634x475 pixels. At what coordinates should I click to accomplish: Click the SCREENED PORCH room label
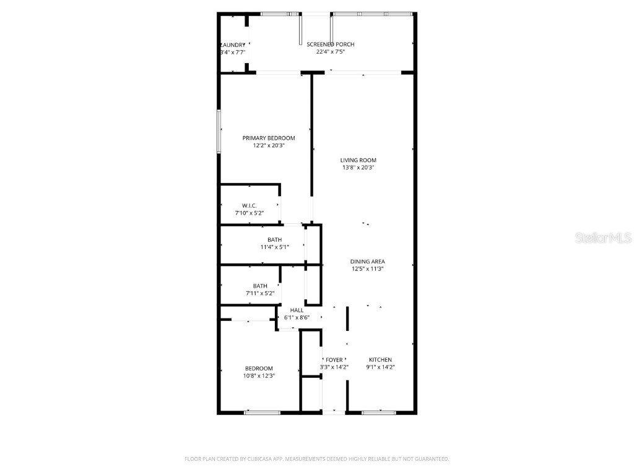coord(331,45)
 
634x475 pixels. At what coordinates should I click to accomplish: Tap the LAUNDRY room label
coord(233,45)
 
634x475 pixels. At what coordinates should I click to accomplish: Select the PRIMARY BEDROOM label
coord(269,138)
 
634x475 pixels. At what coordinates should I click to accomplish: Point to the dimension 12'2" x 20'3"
coord(269,146)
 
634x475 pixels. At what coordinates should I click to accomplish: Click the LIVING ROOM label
coord(358,160)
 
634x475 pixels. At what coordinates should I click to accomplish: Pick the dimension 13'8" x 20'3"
coord(358,168)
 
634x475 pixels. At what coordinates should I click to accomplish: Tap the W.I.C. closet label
coord(250,205)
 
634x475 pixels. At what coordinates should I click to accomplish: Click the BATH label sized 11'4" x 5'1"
coord(274,239)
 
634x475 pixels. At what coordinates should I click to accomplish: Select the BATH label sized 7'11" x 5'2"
coord(260,286)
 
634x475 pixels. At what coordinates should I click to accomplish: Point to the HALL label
coord(297,310)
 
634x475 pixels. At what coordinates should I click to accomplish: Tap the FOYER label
coord(334,360)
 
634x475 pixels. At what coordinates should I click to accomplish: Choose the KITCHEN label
coord(380,360)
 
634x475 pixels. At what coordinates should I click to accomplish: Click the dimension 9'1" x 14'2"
coord(380,367)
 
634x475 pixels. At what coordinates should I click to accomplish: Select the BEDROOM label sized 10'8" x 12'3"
coord(258,368)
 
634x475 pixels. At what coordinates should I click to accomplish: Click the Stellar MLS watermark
coord(603,238)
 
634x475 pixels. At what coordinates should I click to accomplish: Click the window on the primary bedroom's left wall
coord(218,131)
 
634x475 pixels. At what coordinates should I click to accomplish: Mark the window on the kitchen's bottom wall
coord(379,412)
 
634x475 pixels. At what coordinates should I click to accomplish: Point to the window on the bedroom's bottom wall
coord(262,412)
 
